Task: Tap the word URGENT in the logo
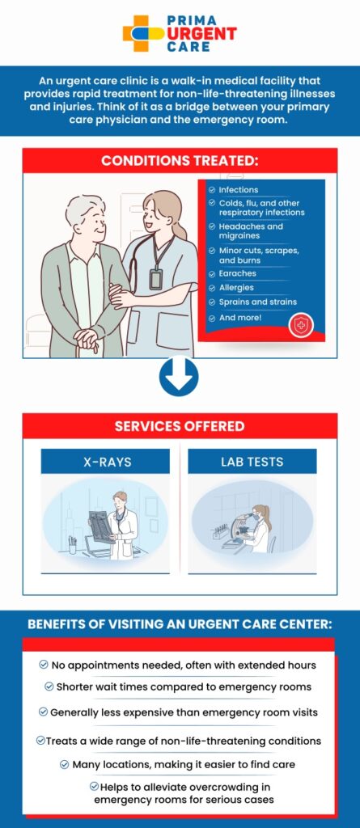(x=202, y=33)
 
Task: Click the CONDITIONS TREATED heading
(x=180, y=161)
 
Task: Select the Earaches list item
(x=237, y=273)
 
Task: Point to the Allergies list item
(x=236, y=288)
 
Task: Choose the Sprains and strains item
(x=257, y=302)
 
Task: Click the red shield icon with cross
(x=301, y=325)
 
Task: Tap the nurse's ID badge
(x=155, y=279)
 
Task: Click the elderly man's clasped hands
(x=87, y=338)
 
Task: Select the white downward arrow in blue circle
(x=180, y=377)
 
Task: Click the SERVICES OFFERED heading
(x=180, y=426)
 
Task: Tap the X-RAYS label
(x=108, y=462)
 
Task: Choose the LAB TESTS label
(x=252, y=462)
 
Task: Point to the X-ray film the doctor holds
(x=102, y=526)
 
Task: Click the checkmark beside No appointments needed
(x=44, y=665)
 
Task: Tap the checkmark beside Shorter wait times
(x=49, y=686)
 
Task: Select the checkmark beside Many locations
(x=65, y=764)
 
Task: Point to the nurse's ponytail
(x=180, y=227)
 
